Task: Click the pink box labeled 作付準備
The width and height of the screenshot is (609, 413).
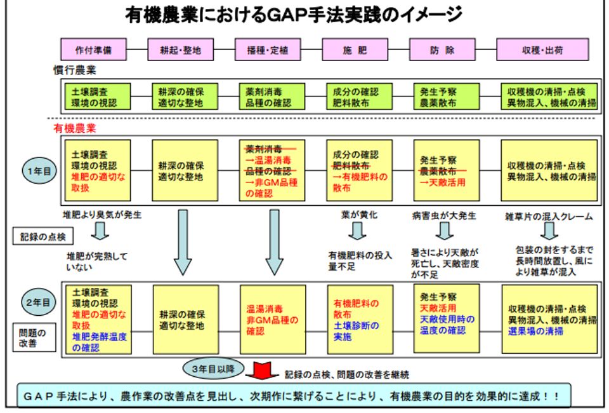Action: [x=93, y=50]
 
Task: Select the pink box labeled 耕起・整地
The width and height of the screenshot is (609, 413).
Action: [x=181, y=50]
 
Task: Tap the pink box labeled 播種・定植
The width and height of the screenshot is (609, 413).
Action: [x=268, y=50]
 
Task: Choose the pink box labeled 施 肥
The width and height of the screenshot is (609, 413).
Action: [x=354, y=50]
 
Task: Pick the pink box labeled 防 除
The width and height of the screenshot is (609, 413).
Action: [x=442, y=50]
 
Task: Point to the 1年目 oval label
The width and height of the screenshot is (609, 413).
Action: [x=37, y=172]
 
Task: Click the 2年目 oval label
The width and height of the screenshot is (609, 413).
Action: [x=37, y=302]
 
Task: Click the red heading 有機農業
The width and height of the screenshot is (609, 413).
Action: [x=74, y=128]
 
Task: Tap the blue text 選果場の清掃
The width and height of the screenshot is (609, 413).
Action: [x=536, y=330]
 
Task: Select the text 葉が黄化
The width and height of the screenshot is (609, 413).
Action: [x=359, y=215]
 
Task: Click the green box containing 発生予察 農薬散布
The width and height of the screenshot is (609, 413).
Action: [x=442, y=97]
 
